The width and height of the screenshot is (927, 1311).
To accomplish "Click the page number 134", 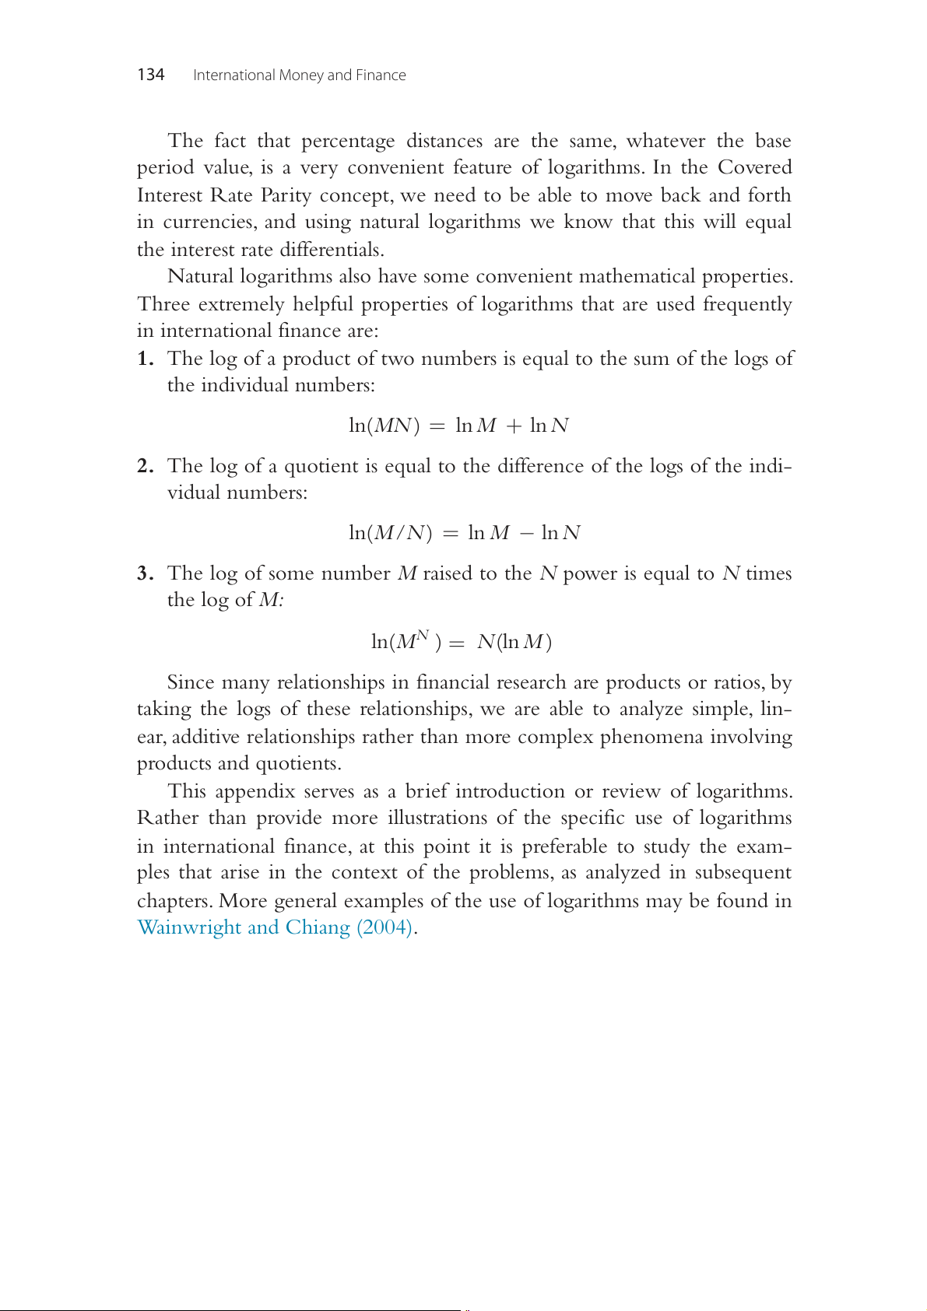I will pyautogui.click(x=150, y=75).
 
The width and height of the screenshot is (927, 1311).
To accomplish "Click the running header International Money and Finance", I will pyautogui.click(x=299, y=75).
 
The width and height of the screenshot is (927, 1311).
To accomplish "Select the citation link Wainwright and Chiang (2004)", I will pyautogui.click(x=275, y=927).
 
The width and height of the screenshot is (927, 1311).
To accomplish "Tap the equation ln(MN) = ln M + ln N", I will pyautogui.click(x=458, y=426).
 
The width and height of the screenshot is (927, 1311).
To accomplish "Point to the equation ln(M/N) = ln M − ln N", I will pyautogui.click(x=465, y=533).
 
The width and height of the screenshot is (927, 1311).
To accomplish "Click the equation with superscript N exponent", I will pyautogui.click(x=462, y=641).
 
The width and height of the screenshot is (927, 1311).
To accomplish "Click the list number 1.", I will pyautogui.click(x=144, y=359).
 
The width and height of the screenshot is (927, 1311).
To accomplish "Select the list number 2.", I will pyautogui.click(x=144, y=466).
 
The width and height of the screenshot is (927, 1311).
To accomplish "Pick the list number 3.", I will pyautogui.click(x=144, y=573).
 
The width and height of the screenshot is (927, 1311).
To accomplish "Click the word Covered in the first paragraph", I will pyautogui.click(x=754, y=168).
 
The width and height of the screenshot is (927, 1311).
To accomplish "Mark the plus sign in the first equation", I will pyautogui.click(x=514, y=426).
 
